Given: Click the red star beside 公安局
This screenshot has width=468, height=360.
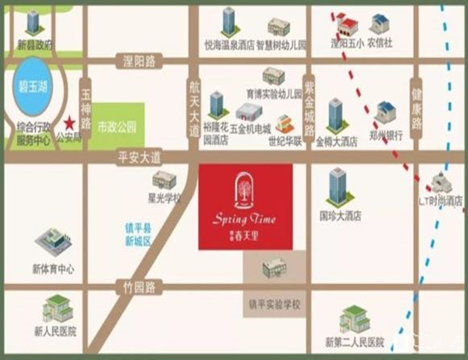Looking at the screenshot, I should coord(69,124).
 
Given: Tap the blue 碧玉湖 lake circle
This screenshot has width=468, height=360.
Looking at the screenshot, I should coord(33,87).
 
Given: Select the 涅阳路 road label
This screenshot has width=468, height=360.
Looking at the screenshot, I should coord(139,61).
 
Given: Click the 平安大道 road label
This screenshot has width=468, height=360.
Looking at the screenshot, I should coord(139,158).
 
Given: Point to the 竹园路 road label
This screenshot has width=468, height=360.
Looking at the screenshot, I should coord(139,287).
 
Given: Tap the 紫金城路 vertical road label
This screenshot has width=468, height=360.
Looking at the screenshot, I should coord(309,108).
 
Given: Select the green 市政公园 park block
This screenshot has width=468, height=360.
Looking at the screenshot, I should coord(117,126).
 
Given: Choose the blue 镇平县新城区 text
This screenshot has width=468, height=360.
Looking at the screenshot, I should coord(138,234).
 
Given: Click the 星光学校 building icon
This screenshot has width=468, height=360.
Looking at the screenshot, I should coord(164,180).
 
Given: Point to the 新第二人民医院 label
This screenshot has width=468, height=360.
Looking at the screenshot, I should coord(355,342).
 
